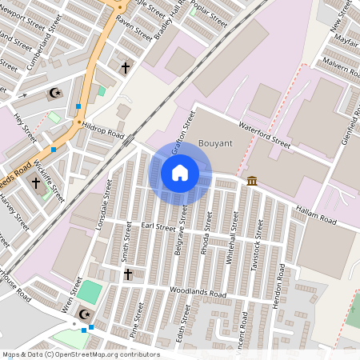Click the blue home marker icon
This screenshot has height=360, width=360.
click(x=180, y=173)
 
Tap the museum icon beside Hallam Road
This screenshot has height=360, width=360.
click(x=252, y=181)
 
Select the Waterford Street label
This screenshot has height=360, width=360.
click(x=265, y=133)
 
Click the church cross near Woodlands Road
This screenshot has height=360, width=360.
click(x=127, y=274)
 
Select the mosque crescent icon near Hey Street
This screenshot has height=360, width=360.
click(x=55, y=94)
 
